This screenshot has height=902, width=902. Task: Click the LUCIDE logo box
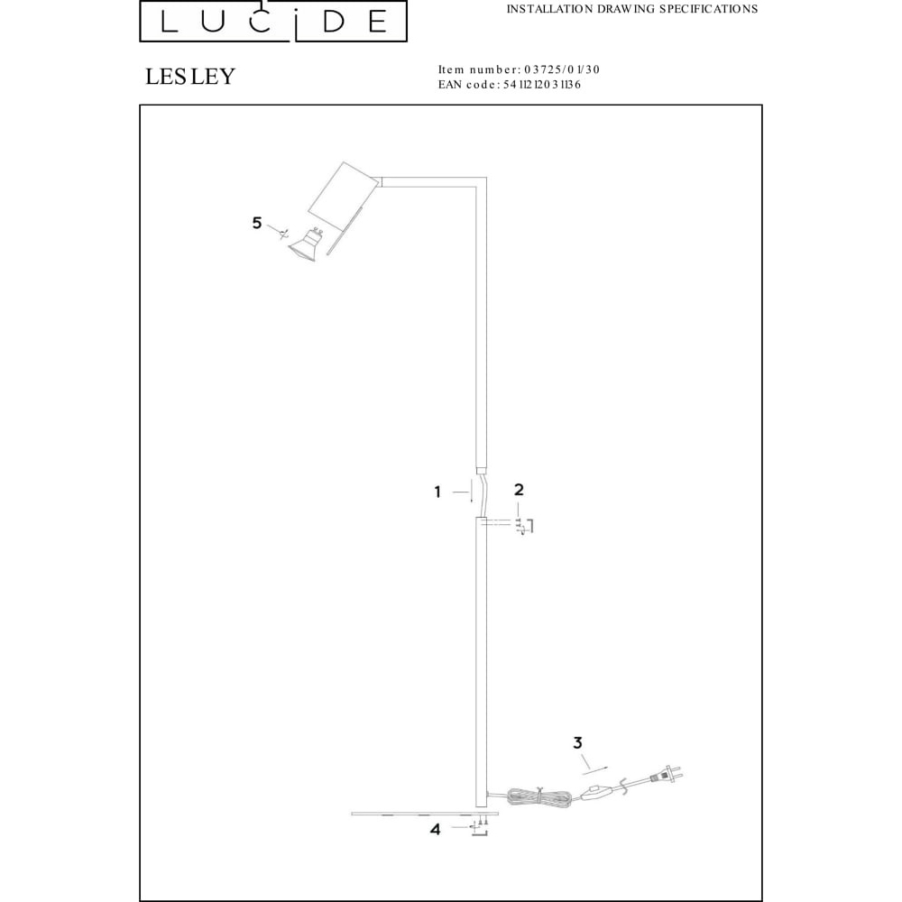273,21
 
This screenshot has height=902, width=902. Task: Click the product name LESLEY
190,77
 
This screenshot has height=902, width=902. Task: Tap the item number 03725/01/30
562,69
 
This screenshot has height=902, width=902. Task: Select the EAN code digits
542,85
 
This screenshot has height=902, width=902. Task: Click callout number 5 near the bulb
257,223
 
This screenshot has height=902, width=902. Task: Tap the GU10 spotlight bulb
307,247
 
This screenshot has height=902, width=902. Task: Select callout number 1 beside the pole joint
437,492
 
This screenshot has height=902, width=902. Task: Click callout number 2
519,490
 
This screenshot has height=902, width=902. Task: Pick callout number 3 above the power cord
578,742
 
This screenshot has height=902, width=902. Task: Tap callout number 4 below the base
436,830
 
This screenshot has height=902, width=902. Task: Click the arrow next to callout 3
594,764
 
